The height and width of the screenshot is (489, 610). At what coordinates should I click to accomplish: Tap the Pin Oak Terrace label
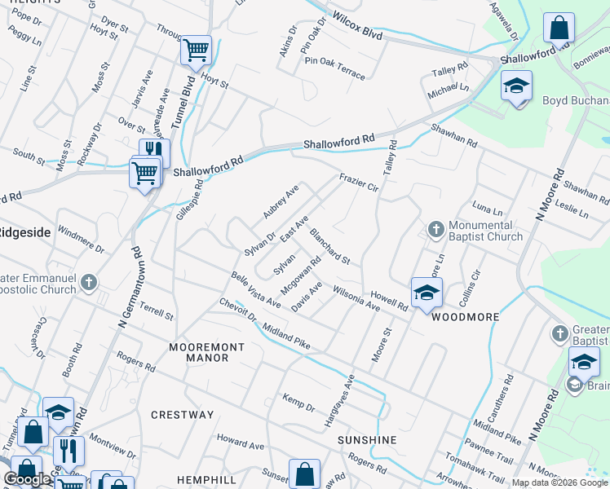tap(334, 67)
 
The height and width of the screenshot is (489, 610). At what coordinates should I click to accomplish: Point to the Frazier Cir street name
tap(359, 182)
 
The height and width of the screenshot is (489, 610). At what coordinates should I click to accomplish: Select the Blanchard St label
tap(329, 246)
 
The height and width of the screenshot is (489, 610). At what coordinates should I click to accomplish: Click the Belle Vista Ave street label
tap(255, 290)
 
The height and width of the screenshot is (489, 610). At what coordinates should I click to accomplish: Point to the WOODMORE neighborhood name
tap(464, 317)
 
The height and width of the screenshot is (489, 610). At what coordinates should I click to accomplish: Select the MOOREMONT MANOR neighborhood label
tap(206, 352)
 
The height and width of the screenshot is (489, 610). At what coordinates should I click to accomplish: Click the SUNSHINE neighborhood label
tap(367, 440)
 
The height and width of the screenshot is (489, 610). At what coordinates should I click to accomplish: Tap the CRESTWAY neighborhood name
tap(182, 415)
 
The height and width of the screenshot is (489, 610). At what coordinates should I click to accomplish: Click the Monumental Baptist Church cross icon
tap(436, 230)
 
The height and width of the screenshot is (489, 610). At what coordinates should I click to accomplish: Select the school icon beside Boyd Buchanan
tap(516, 87)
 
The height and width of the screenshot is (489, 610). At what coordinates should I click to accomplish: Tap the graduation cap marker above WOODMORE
tap(427, 293)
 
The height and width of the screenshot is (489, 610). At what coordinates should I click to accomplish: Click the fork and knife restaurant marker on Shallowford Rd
tap(154, 152)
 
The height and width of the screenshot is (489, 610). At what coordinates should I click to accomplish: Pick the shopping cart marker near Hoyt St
tap(196, 50)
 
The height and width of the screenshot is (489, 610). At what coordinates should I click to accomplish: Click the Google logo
tap(27, 479)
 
